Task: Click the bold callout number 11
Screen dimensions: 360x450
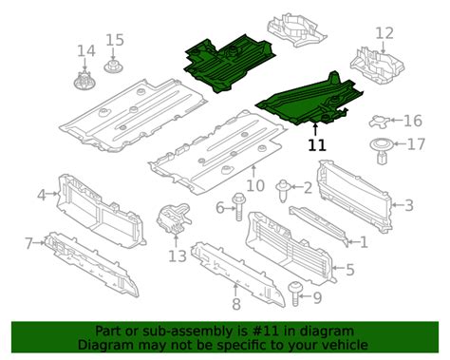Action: click(316, 145)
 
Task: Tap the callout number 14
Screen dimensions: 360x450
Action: click(86, 49)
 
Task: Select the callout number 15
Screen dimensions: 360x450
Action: click(115, 40)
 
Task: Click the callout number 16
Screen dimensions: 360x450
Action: click(413, 121)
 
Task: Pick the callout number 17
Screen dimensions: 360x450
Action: click(416, 144)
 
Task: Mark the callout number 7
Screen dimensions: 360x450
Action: click(29, 243)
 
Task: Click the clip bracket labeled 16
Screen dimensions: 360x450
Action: click(384, 121)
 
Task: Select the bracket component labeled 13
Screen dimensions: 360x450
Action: click(171, 219)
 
